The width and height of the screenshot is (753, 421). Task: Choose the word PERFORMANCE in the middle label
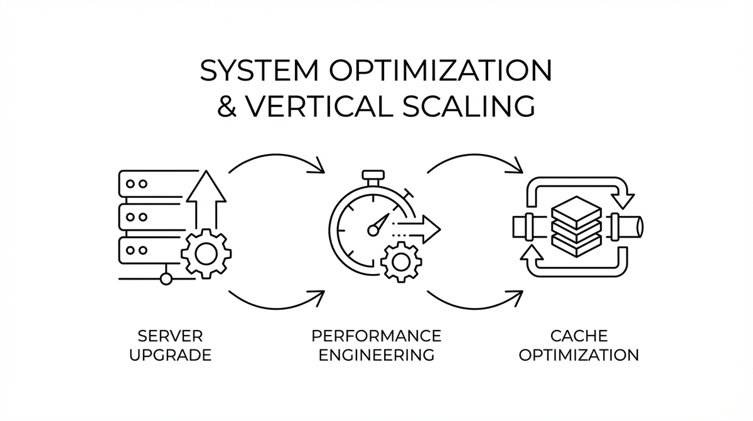pyautogui.click(x=376, y=335)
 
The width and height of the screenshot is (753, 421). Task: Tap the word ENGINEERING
pyautogui.click(x=376, y=355)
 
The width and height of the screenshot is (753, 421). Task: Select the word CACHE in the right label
pyautogui.click(x=579, y=335)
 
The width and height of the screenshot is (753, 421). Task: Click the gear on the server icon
pyautogui.click(x=205, y=253)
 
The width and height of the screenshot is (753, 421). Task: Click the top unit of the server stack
pyautogui.click(x=148, y=185)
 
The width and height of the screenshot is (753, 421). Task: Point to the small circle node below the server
pyautogui.click(x=166, y=278)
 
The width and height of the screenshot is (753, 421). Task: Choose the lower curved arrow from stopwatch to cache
pyautogui.click(x=475, y=300)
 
